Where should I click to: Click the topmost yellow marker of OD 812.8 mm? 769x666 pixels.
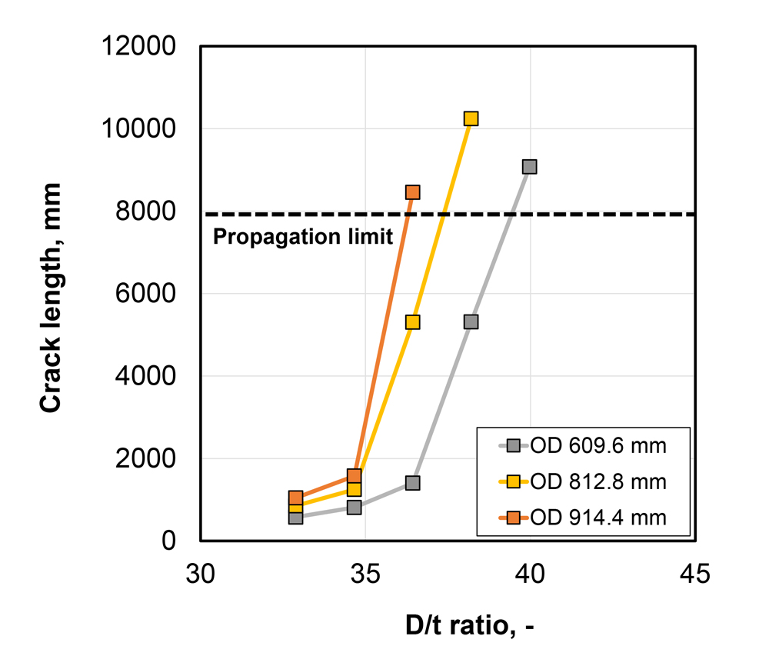tap(471, 118)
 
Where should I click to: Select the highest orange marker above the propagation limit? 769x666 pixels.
tap(412, 192)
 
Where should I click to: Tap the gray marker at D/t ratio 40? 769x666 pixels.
tap(529, 167)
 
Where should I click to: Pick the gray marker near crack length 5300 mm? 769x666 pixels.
tap(471, 321)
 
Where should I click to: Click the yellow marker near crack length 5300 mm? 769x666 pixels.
tap(412, 322)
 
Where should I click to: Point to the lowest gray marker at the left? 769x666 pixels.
tap(295, 518)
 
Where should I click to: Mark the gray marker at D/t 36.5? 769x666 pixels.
tap(412, 483)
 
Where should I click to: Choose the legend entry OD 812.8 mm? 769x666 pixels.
tap(596, 481)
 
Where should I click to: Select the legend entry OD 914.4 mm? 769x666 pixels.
tap(596, 518)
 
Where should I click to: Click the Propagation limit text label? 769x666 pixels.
tap(302, 237)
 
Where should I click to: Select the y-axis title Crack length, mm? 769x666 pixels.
tap(52, 298)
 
